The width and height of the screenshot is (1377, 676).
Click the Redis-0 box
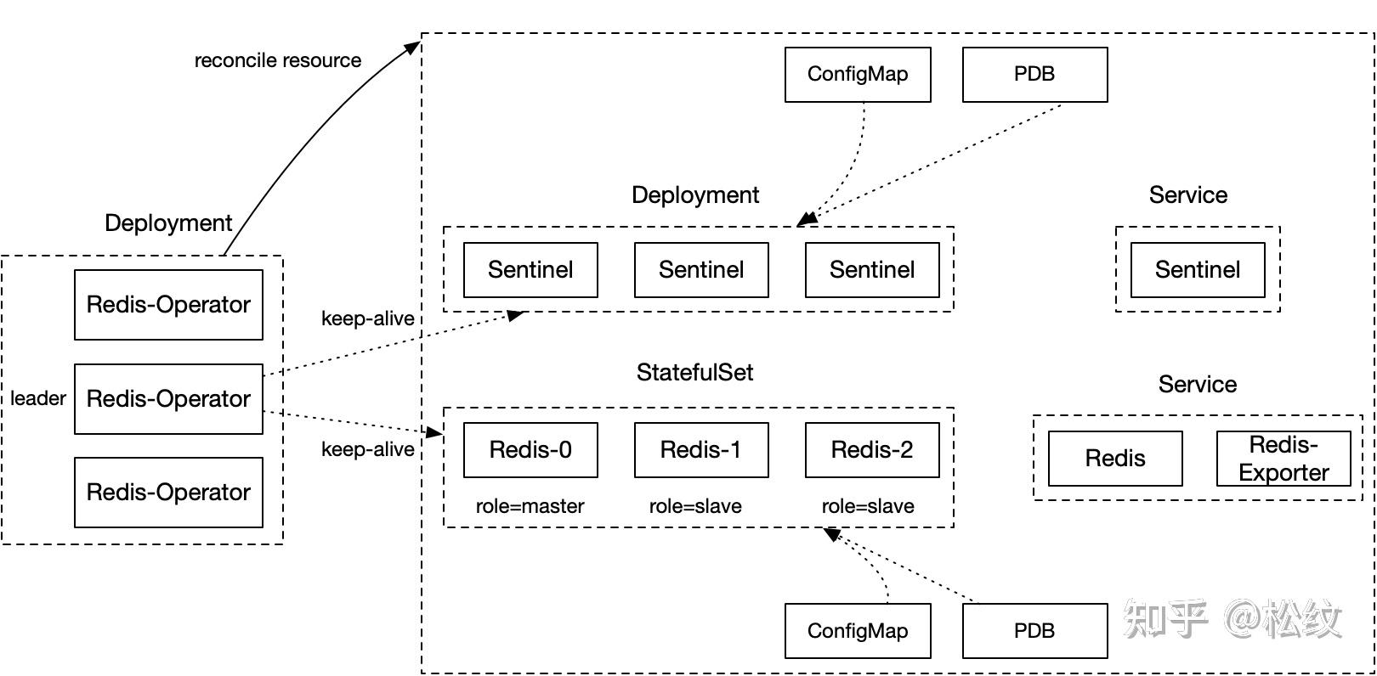click(x=530, y=450)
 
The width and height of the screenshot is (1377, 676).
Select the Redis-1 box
click(x=701, y=450)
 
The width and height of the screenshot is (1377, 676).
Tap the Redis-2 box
click(x=872, y=450)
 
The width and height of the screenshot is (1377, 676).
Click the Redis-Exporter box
click(x=1283, y=459)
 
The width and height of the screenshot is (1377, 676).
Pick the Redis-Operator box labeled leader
click(x=168, y=399)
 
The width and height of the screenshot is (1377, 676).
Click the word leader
click(x=38, y=398)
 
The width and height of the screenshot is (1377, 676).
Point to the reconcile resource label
click(x=278, y=60)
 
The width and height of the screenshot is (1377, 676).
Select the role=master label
click(x=530, y=506)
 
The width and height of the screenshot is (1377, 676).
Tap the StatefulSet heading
click(x=694, y=372)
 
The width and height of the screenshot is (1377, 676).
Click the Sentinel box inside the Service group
click(x=1198, y=270)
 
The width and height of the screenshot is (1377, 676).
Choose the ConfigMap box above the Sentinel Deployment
click(x=858, y=75)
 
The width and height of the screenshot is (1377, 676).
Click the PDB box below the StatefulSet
click(x=1034, y=631)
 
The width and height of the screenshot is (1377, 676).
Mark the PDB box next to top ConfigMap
click(x=1034, y=75)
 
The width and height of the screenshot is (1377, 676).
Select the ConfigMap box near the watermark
click(x=858, y=631)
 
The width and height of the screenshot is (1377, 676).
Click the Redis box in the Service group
click(x=1115, y=459)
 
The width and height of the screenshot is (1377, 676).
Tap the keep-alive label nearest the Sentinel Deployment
click(x=367, y=318)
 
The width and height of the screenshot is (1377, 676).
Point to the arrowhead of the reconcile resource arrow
click(x=413, y=47)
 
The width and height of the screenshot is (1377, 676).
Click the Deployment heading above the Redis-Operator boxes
click(x=168, y=223)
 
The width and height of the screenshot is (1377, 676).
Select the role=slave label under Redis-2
click(x=868, y=506)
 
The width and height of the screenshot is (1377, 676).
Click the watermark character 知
click(x=1144, y=618)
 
